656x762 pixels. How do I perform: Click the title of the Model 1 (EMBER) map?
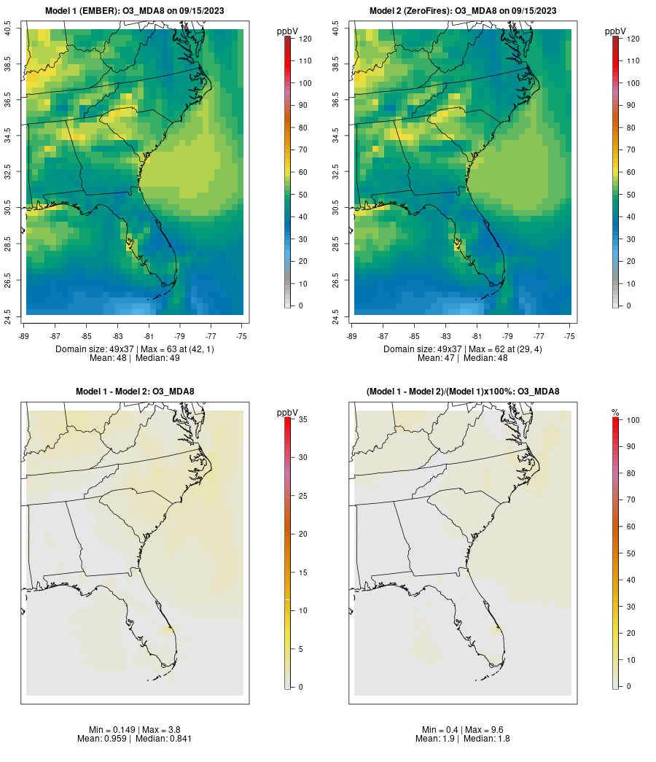coord(135,11)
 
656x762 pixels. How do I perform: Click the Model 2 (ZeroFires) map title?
coord(463,11)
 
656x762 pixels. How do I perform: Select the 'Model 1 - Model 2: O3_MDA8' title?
coord(135,392)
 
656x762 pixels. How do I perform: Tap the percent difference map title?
coord(463,392)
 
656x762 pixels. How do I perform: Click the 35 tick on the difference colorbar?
coord(302,419)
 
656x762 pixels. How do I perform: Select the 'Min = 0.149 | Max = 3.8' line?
coord(135,730)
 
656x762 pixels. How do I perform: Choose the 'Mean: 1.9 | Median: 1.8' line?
coord(463,739)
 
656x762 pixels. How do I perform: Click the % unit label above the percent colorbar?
coord(615,413)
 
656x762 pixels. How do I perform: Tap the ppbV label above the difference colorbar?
coord(288,413)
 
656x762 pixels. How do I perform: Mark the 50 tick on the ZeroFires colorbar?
coord(630,194)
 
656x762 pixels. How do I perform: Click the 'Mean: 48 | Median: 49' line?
coord(135,358)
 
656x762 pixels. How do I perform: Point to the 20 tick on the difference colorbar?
coord(302,534)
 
